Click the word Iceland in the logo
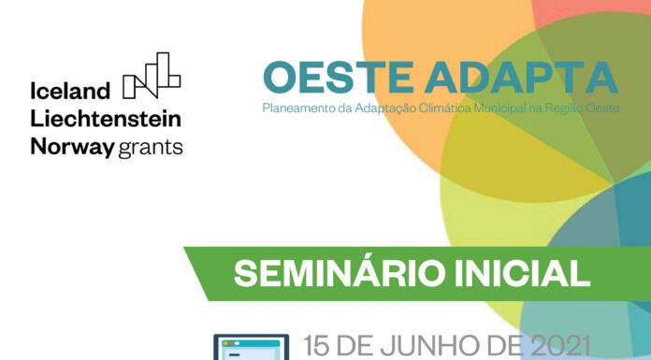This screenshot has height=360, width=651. pos(70,91)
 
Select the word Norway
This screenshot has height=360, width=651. pos(72,147)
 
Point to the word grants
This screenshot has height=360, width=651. pos(150,148)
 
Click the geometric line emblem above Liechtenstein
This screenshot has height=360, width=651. pos(152,77)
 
